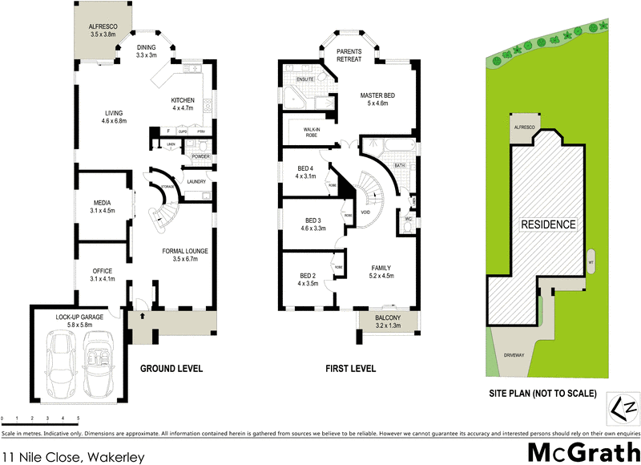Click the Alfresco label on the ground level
pyautogui.click(x=102, y=30)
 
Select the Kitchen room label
pyautogui.click(x=183, y=104)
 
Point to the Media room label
pyautogui.click(x=103, y=206)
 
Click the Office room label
pyautogui.click(x=102, y=274)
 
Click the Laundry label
pyautogui.click(x=196, y=181)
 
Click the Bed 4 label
pyautogui.click(x=306, y=172)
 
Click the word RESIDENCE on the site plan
pyautogui.click(x=549, y=224)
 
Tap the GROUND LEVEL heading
pyautogui.click(x=171, y=369)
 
